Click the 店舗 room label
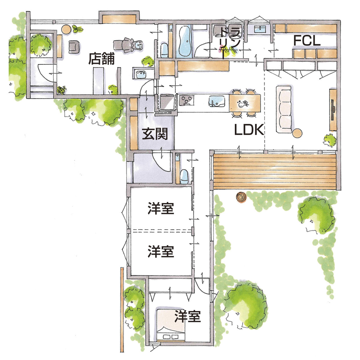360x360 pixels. click(x=102, y=59)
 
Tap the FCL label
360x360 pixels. click(x=307, y=40)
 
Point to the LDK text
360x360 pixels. click(x=248, y=131)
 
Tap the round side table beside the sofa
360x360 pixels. click(x=297, y=133)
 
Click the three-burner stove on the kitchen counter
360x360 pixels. click(x=187, y=102)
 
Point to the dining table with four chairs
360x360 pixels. click(x=245, y=103)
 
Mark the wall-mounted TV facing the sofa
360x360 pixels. click(x=333, y=110)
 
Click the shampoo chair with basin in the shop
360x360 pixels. click(x=129, y=44)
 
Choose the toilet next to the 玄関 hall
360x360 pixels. click(x=183, y=174)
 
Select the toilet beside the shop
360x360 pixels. click(x=165, y=48)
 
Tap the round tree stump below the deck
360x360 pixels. click(x=241, y=198)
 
